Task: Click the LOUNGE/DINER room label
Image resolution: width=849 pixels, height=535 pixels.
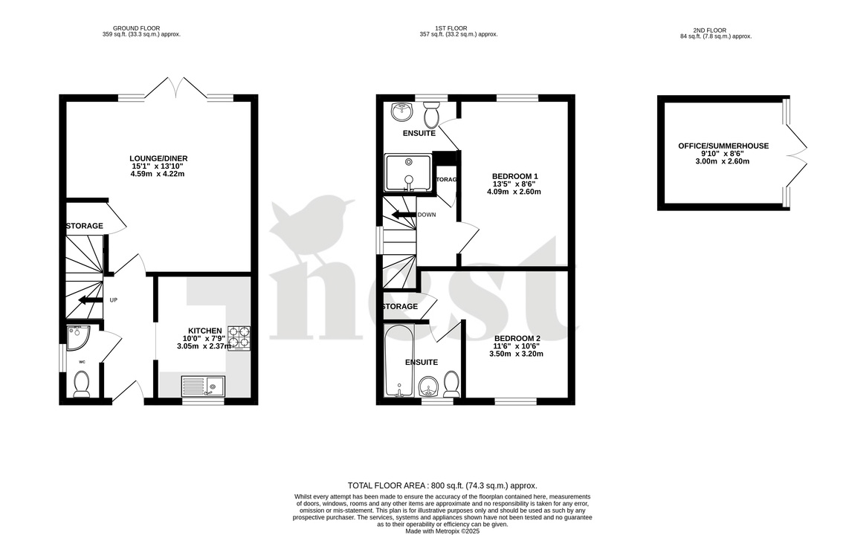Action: [157, 158]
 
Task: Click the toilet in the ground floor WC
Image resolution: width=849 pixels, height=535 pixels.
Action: [82, 383]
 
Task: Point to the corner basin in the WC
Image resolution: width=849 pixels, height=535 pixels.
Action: [77, 337]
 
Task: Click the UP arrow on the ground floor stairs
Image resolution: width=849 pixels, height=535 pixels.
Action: [91, 300]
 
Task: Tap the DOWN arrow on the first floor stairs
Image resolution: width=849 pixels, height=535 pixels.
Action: [405, 215]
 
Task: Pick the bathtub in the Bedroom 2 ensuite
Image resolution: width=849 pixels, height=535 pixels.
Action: [399, 360]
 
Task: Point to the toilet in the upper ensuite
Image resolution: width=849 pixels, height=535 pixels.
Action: [432, 115]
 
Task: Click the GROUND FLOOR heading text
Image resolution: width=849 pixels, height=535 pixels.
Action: [141, 27]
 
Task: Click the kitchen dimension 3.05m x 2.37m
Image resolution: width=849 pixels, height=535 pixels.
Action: [203, 346]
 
